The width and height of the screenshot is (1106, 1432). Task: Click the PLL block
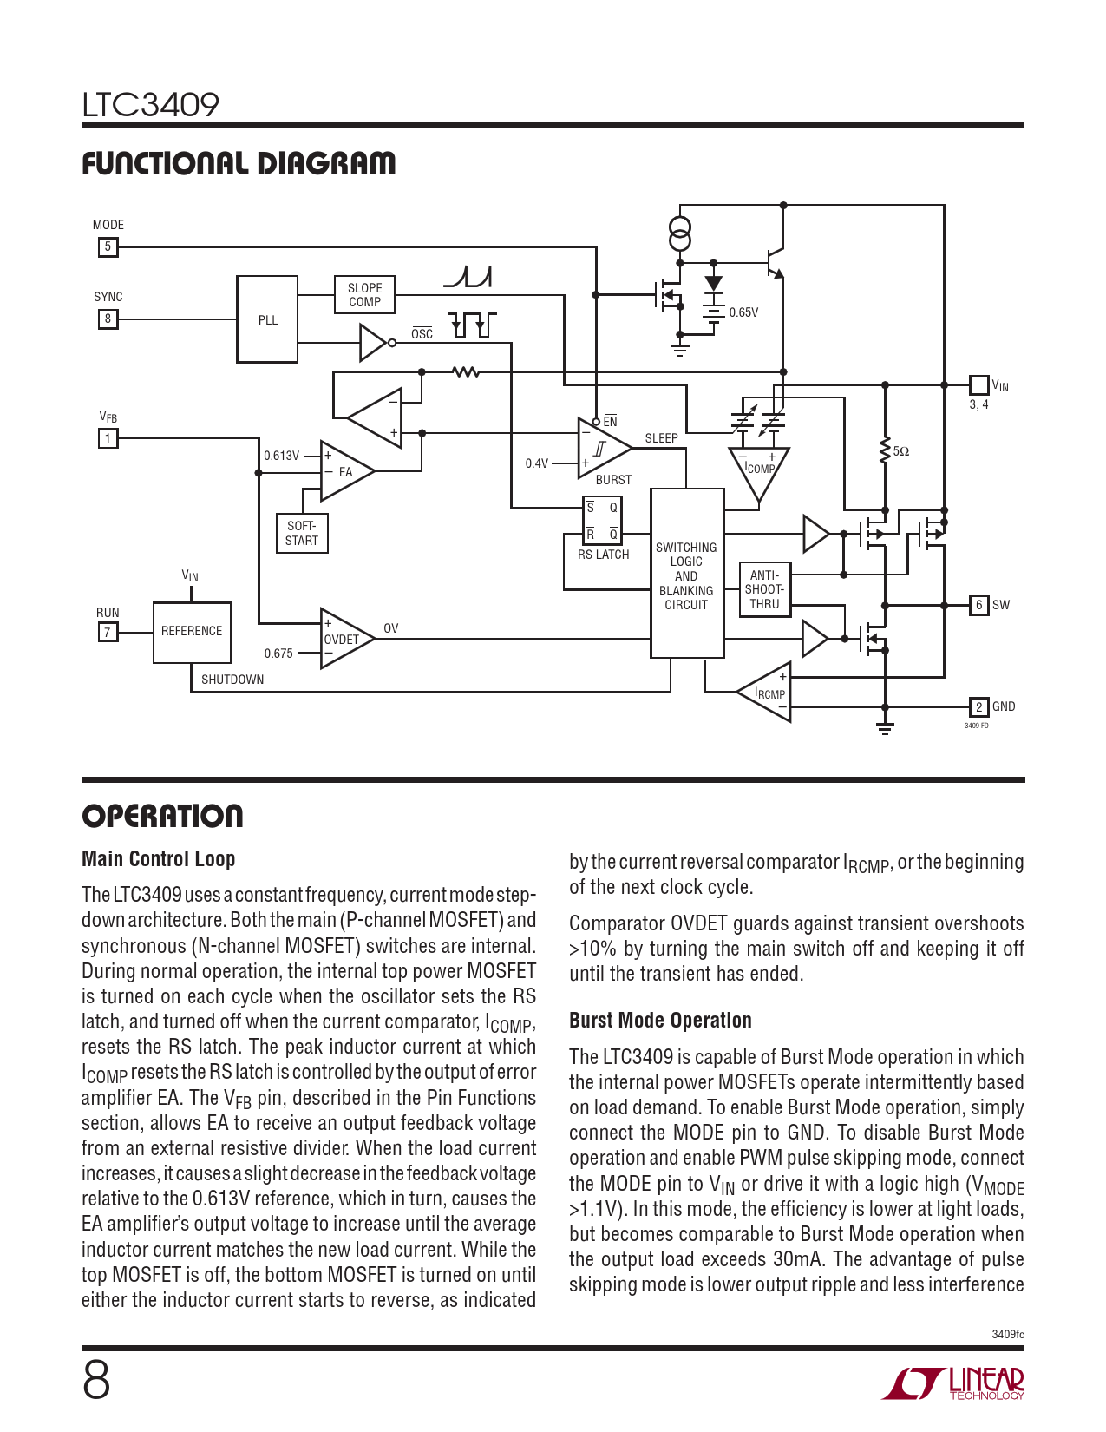pos(268,319)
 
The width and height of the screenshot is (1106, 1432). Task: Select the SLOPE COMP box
pos(364,295)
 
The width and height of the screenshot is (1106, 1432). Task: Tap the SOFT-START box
pos(302,533)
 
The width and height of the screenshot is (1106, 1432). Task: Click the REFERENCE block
pos(192,631)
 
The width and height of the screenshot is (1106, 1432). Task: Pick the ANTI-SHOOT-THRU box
pos(764,589)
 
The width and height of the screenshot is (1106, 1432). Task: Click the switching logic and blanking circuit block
pos(687,574)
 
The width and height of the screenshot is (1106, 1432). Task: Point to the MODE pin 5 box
pos(108,247)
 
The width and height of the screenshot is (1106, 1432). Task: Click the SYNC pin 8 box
pos(108,319)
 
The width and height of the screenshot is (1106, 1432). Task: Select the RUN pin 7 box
pos(108,632)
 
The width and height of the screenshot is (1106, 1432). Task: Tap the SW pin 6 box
pos(978,605)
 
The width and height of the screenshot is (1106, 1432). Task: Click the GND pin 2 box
pos(978,706)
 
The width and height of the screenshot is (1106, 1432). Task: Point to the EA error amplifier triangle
pos(344,472)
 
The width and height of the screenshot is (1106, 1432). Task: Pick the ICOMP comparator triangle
pos(759,470)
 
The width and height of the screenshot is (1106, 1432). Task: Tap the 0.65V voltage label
pos(743,312)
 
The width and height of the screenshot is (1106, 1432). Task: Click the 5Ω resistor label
pos(901,451)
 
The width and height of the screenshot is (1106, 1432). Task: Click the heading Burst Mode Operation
pos(660,1021)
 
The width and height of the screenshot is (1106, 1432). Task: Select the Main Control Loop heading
pos(159,859)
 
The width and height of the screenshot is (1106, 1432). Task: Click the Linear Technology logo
pos(953,1383)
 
